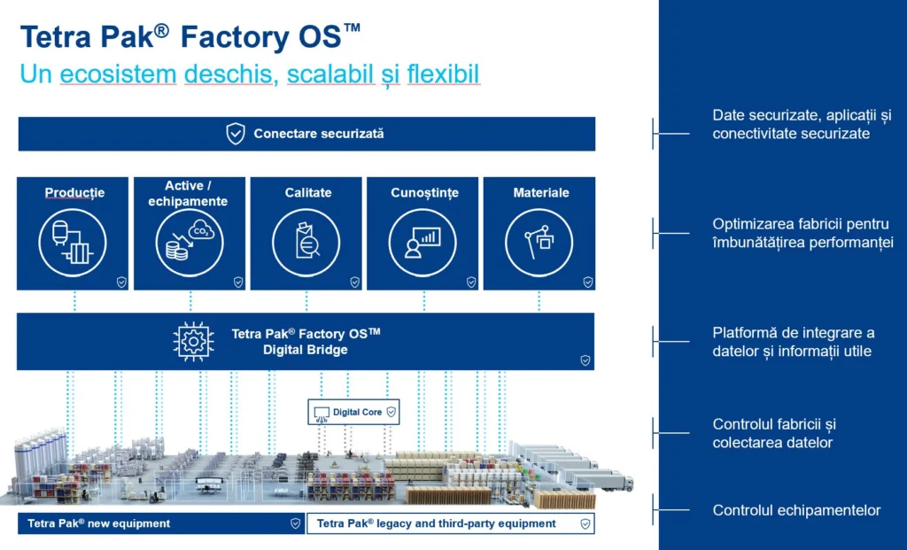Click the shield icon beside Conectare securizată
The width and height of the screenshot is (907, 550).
(x=236, y=134)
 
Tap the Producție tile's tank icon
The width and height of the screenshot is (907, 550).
(x=73, y=243)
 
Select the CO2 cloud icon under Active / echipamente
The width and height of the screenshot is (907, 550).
(x=190, y=243)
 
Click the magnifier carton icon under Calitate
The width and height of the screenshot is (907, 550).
(x=306, y=243)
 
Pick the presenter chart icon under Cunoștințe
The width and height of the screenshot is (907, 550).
(x=422, y=243)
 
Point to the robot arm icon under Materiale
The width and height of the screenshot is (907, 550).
(x=539, y=243)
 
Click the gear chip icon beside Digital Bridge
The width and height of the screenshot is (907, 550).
(x=194, y=341)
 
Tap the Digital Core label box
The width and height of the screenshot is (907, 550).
(x=353, y=412)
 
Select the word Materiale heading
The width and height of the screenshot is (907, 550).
(x=541, y=192)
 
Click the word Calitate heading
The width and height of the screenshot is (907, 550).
(x=307, y=192)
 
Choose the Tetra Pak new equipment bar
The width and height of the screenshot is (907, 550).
(x=161, y=523)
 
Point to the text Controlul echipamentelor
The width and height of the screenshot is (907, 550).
(x=796, y=510)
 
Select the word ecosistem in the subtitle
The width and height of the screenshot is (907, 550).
(x=118, y=74)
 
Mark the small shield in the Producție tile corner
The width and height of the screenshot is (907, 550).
(x=121, y=283)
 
